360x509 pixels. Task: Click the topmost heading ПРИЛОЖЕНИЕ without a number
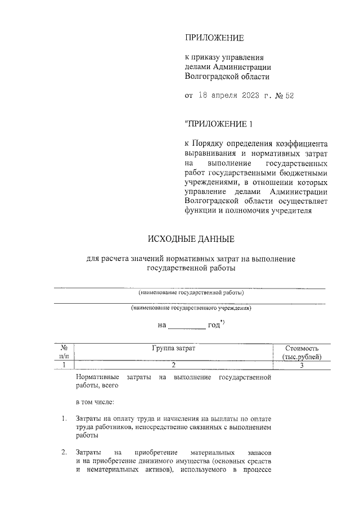(x=214, y=38)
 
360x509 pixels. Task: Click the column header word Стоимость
(x=302, y=349)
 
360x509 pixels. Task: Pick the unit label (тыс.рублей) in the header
(x=302, y=357)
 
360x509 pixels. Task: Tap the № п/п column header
(x=64, y=353)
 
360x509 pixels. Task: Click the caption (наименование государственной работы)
(x=191, y=293)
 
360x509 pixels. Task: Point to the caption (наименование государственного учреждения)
(x=191, y=308)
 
